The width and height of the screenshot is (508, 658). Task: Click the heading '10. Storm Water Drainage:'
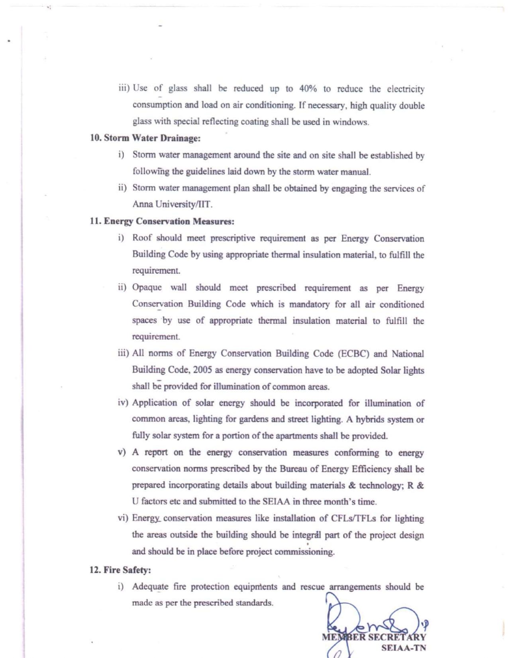click(x=145, y=138)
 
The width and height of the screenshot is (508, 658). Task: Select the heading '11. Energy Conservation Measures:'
click(x=162, y=221)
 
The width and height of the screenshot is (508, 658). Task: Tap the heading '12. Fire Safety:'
click(x=120, y=570)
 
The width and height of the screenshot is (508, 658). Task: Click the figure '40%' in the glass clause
click(x=308, y=89)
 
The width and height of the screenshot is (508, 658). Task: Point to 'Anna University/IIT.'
click(x=173, y=204)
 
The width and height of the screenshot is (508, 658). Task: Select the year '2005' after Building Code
click(x=202, y=370)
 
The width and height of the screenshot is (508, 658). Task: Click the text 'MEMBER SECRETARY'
click(x=374, y=637)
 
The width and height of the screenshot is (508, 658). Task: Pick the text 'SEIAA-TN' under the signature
click(x=403, y=648)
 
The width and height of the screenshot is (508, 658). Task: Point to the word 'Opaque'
click(x=147, y=288)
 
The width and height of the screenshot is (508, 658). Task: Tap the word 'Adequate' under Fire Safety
click(x=150, y=587)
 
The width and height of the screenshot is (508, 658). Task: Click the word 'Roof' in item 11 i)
click(x=142, y=238)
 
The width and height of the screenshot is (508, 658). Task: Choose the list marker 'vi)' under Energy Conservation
click(x=123, y=518)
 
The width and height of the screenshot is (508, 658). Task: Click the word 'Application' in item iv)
click(x=154, y=403)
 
